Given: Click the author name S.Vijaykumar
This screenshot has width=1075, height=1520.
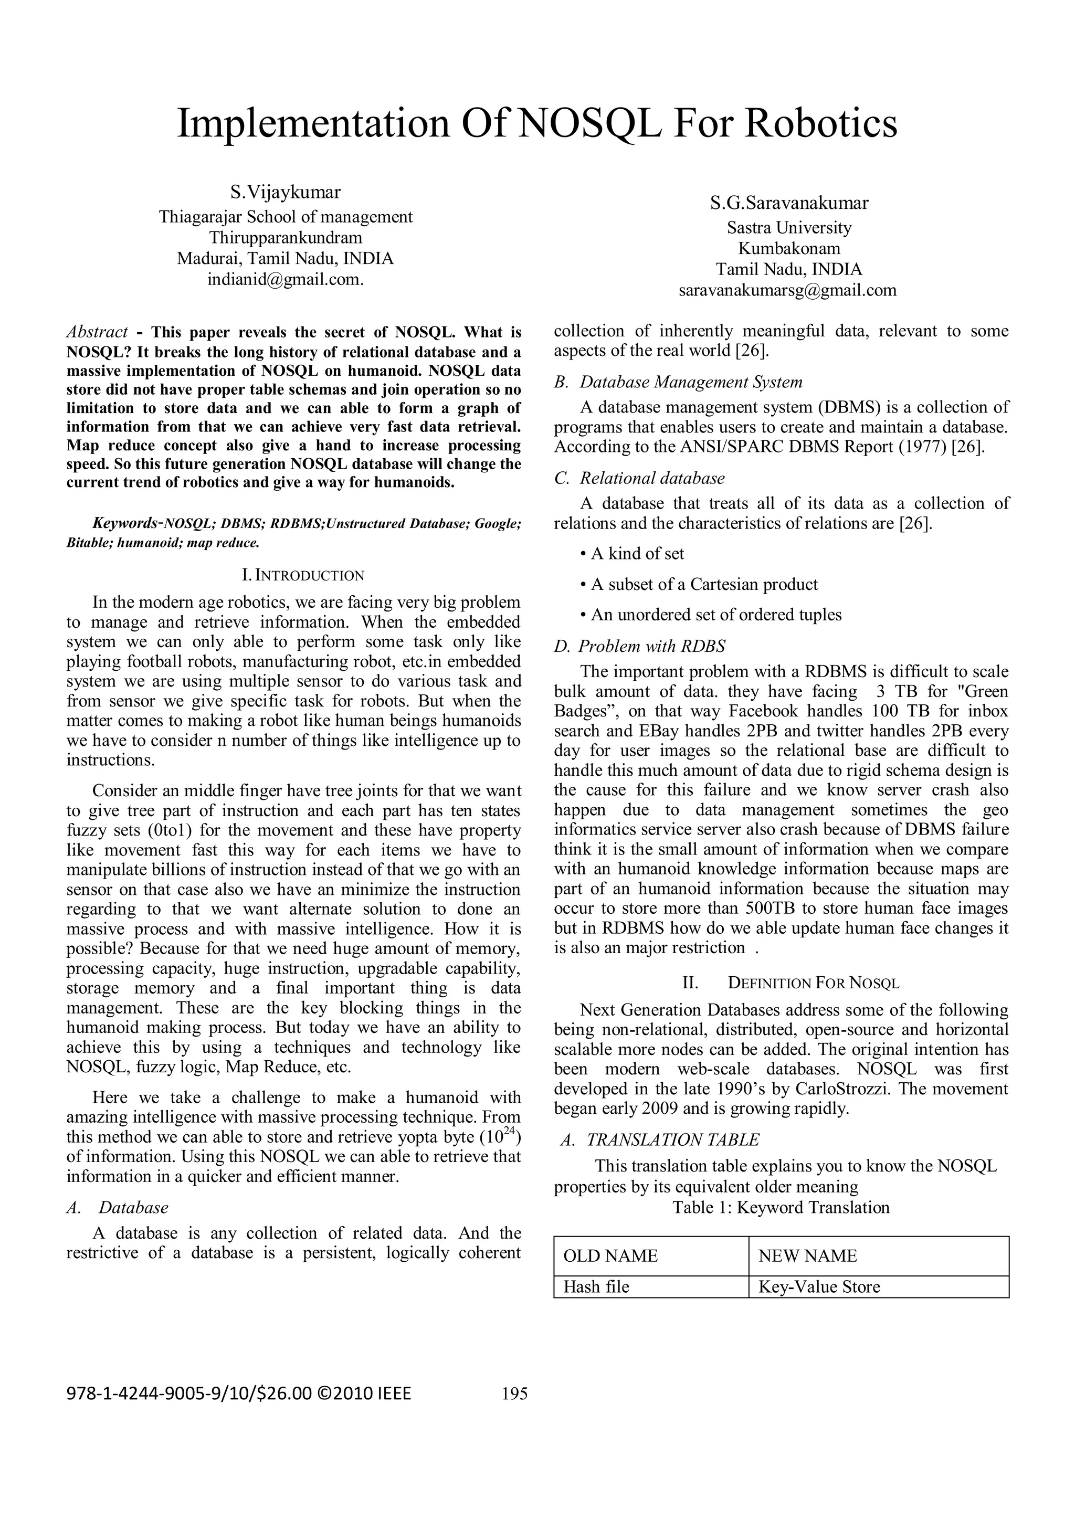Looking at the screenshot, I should (286, 193).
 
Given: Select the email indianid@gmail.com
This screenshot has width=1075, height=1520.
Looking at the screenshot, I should (286, 279).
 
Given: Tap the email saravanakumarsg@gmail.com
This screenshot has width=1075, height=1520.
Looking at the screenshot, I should (788, 290).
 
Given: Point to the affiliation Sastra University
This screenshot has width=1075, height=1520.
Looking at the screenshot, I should (789, 228).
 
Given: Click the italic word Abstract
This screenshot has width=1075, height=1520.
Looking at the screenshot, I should (97, 332).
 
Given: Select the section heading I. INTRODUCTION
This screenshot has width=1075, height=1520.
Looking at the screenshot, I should (304, 575).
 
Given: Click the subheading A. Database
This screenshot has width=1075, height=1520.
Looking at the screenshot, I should (118, 1208).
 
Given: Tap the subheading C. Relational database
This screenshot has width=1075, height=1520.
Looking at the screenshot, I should (639, 478).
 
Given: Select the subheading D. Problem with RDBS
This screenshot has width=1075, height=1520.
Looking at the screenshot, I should (639, 646).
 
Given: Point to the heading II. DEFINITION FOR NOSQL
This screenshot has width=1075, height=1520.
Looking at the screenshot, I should (791, 983).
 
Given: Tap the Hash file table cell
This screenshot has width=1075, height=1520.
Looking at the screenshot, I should (596, 1287).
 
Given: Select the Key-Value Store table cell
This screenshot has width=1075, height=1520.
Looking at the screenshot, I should (819, 1287).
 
